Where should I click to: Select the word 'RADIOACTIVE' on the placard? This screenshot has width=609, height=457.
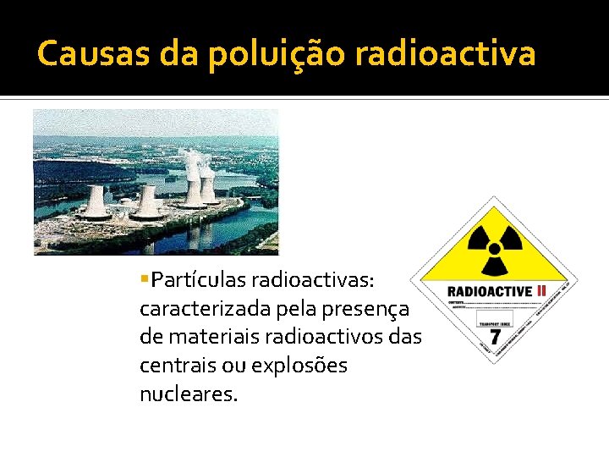coord(490,292)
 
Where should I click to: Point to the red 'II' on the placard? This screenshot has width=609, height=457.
coord(542,291)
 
